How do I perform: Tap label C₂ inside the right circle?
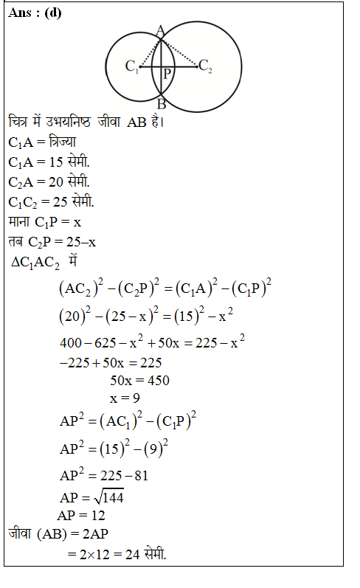[x=206, y=68]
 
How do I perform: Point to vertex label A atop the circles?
[x=160, y=30]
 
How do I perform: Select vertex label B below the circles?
[x=161, y=104]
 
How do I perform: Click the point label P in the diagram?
[x=167, y=75]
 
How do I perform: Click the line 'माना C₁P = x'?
[x=45, y=221]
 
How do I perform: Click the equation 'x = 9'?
[x=125, y=399]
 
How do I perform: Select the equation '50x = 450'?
[x=139, y=381]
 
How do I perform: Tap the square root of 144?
[x=111, y=497]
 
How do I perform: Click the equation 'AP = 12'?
[x=81, y=515]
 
